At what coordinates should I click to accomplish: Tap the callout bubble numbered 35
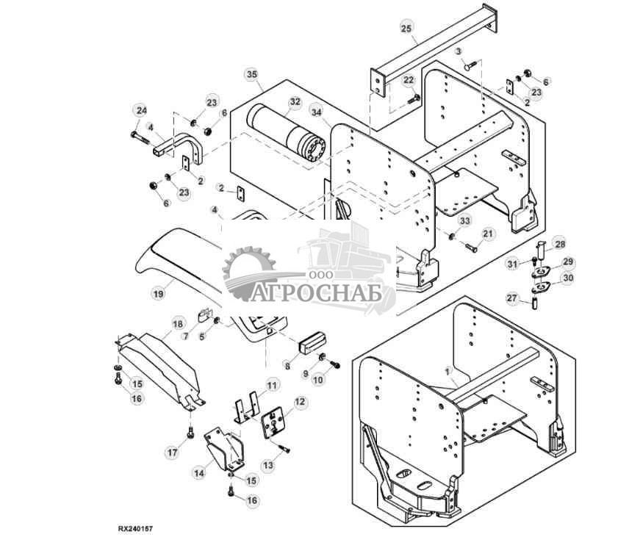pos(252,74)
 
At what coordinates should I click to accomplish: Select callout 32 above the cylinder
pos(295,101)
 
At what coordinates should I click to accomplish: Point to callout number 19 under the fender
pos(158,294)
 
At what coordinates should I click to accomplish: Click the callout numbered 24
pos(141,111)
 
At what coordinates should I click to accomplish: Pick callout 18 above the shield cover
pos(178,324)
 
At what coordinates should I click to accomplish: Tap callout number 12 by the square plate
pos(300,402)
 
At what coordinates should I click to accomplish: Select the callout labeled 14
pos(199,473)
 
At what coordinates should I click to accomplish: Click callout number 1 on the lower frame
pos(447,371)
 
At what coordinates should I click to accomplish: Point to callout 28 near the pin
pos(560,245)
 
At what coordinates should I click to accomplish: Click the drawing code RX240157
pos(134,529)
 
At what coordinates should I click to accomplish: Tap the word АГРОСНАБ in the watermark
pos(316,293)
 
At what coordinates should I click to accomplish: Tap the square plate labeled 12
pos(274,422)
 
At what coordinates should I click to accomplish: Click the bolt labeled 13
pos(284,448)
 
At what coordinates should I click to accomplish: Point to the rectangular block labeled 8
pos(312,342)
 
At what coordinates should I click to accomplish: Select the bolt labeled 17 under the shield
pos(191,432)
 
